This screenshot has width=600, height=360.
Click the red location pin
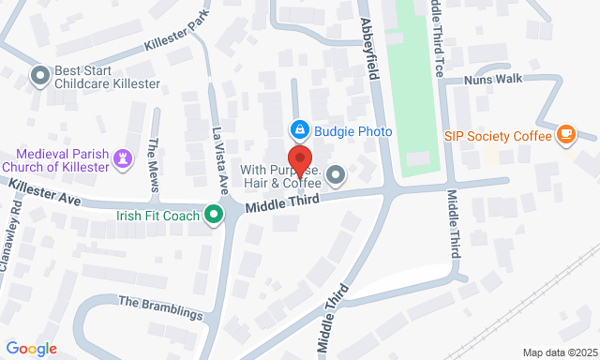299,160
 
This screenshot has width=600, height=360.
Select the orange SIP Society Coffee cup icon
565,135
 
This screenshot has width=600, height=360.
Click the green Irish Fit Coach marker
215,216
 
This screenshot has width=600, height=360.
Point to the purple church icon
122,159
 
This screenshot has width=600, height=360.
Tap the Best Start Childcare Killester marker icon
38,75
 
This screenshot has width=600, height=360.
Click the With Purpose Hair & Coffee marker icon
336,174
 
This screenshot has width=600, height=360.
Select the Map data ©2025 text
559,352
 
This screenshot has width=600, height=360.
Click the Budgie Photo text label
352,131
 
